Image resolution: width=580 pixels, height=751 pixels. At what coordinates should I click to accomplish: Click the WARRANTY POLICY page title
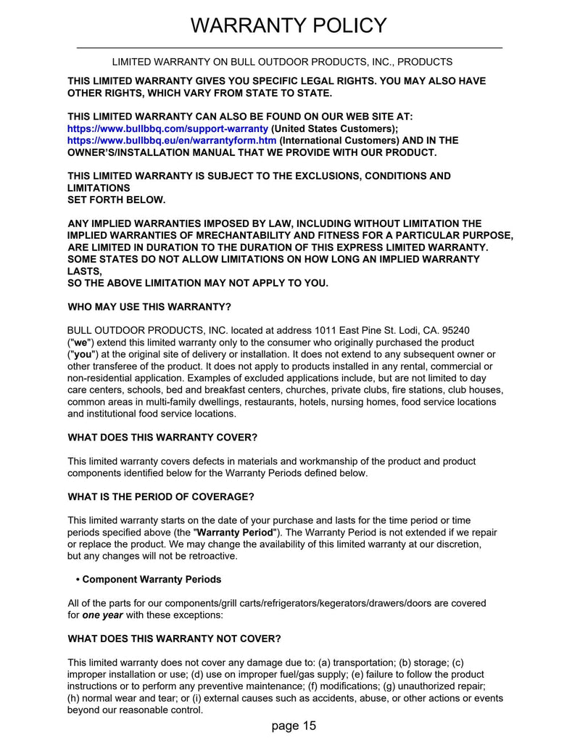pos(289,25)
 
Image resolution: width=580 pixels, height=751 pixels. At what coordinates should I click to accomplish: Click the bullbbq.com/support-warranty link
pos(167,128)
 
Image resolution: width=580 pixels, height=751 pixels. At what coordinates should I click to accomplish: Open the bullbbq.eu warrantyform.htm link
pos(172,140)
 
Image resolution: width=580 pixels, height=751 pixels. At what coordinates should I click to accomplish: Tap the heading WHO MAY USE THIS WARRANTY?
pos(149,306)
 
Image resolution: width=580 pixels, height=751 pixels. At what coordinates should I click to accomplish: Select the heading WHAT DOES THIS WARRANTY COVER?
pos(162,438)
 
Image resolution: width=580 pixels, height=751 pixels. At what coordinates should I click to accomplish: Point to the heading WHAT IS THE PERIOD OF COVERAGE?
pos(161,497)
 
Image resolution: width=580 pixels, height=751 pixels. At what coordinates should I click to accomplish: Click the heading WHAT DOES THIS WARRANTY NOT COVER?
pos(174,639)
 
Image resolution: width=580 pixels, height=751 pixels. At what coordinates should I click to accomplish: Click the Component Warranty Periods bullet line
pos(149,580)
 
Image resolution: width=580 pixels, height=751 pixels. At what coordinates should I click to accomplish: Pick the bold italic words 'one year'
pos(102,615)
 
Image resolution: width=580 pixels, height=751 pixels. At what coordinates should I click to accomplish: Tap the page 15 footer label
pos(294,726)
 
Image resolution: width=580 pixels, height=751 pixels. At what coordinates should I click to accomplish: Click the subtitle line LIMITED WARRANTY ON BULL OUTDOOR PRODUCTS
pos(282,62)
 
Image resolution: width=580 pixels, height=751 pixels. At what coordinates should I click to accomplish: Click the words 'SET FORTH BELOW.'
pos(116,200)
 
